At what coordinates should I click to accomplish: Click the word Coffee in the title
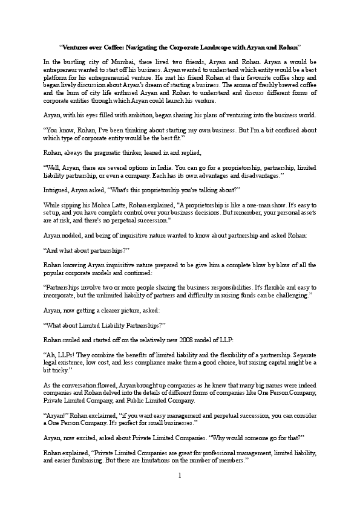[117, 47]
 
